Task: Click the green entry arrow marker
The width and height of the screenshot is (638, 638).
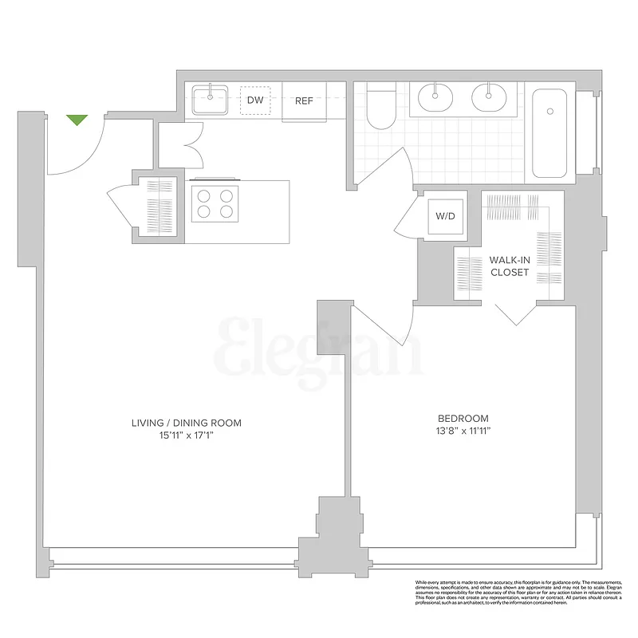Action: point(77,120)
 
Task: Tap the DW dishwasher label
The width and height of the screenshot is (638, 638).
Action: point(255,100)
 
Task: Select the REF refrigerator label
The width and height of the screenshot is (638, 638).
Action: point(304,101)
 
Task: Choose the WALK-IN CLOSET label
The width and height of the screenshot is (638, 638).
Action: point(510,266)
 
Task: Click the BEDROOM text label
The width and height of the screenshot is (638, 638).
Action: point(463,419)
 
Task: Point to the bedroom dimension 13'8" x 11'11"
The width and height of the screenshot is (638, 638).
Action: point(463,431)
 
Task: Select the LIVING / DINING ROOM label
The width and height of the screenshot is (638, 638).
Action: point(187,423)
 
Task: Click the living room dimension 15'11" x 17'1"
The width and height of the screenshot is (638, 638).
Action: point(187,435)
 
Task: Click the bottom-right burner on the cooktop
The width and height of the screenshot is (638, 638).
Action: point(226,211)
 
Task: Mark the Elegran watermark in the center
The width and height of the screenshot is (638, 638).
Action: point(319,348)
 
